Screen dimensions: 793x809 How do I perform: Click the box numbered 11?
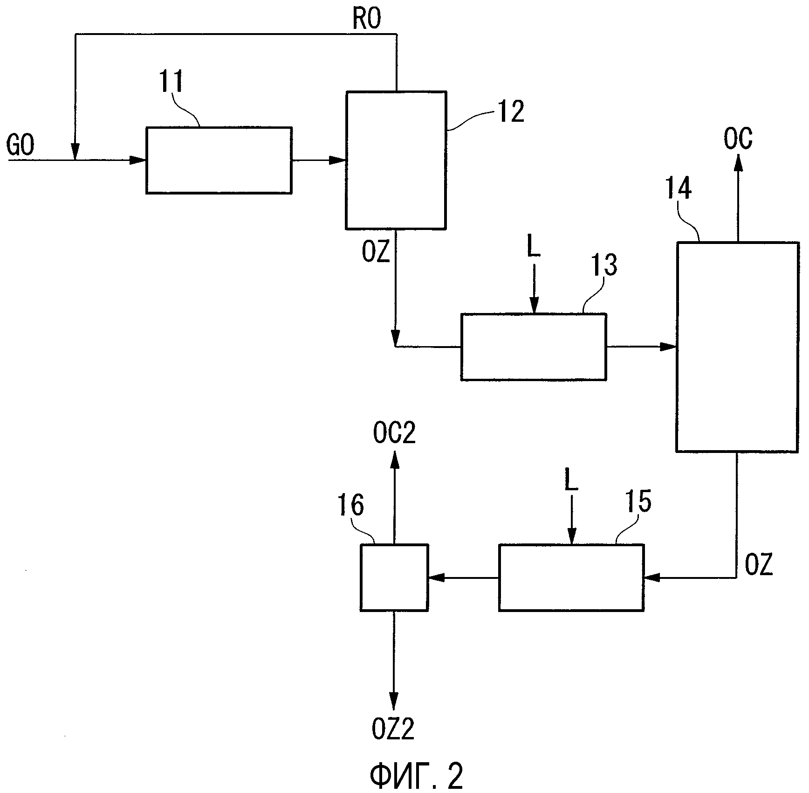tap(219, 160)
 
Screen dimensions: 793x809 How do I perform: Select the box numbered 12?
tap(396, 160)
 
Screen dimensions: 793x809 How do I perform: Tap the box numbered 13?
tap(534, 347)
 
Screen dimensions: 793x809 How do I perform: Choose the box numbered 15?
tap(571, 577)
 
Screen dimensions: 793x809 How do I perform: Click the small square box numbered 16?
tap(394, 577)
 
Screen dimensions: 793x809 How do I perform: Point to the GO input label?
tap(21, 146)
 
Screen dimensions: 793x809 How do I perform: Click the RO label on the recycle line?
tap(366, 20)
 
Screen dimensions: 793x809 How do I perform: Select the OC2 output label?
tap(394, 434)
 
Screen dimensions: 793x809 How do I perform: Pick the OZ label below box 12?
tap(376, 252)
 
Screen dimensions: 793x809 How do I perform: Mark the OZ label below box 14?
tap(759, 565)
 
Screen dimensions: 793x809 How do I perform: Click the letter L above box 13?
tap(534, 249)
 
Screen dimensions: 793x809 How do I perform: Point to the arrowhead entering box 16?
tap(435, 578)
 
